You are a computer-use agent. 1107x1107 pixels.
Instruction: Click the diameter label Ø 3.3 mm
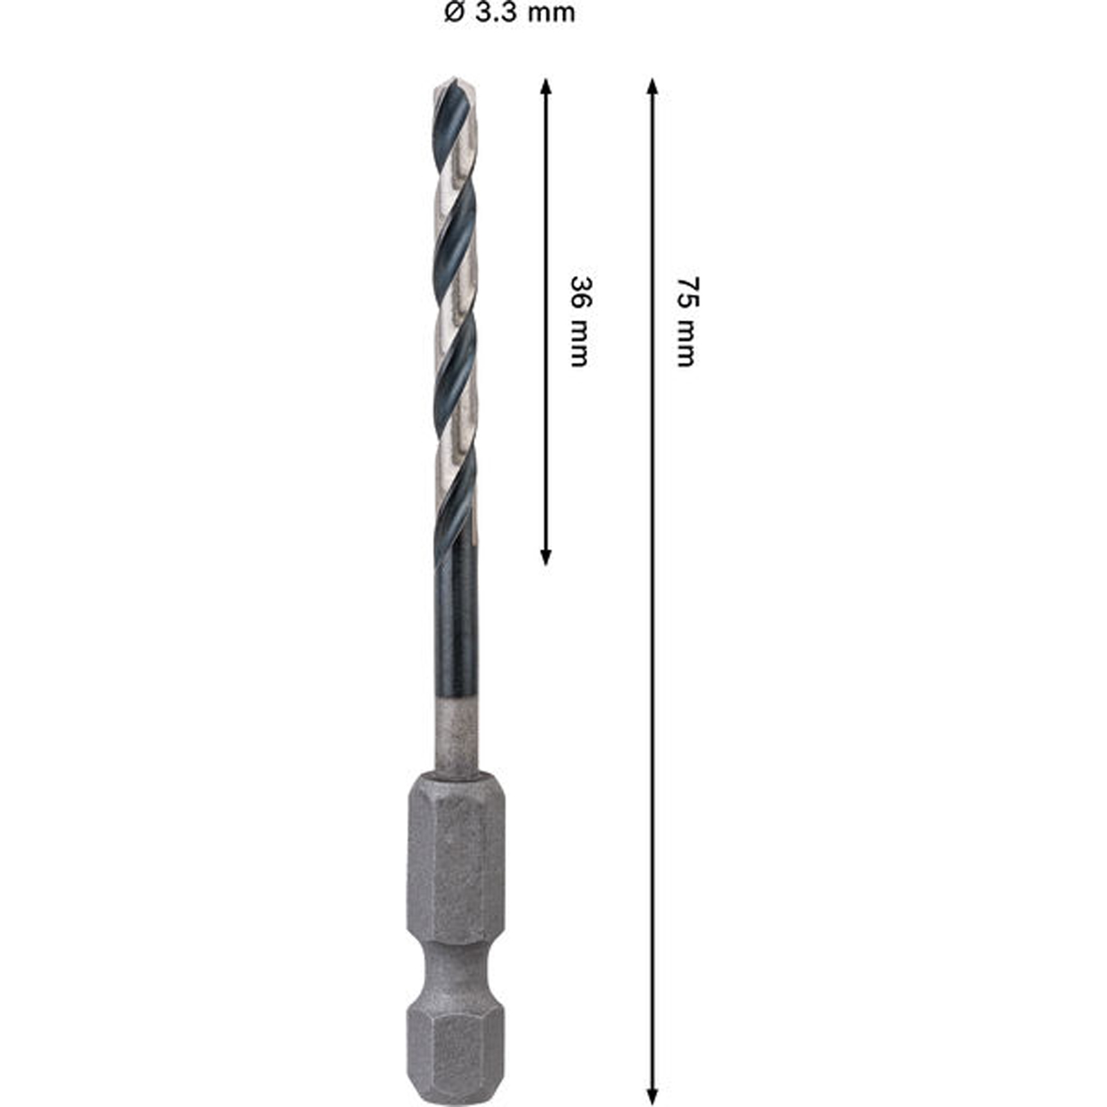pos(510,12)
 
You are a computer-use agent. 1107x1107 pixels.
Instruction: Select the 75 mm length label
pos(686,322)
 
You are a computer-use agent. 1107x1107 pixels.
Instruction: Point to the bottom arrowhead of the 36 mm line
pos(545,557)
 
